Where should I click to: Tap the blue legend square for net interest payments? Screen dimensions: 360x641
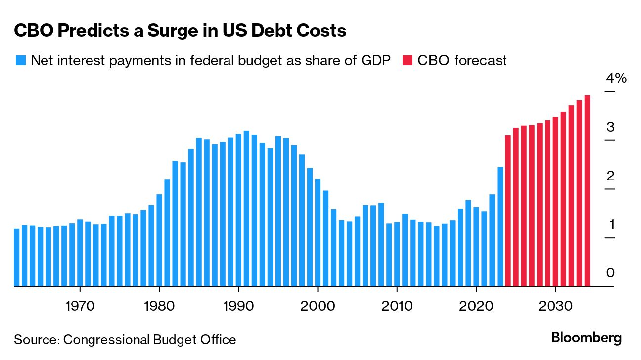click(x=20, y=60)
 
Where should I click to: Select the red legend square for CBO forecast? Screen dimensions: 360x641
click(x=408, y=60)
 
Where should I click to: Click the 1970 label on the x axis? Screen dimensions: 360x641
click(x=80, y=305)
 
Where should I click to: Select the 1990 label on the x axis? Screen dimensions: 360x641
click(x=238, y=305)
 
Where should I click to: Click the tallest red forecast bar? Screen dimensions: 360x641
click(x=587, y=190)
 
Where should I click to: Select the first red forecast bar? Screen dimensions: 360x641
click(x=507, y=210)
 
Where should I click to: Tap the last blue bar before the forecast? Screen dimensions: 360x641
click(x=500, y=226)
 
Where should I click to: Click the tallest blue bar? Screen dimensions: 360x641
click(x=246, y=208)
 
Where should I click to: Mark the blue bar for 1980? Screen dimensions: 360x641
click(x=159, y=240)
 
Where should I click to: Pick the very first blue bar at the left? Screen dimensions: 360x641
click(x=16, y=257)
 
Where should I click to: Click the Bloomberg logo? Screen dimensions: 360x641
click(x=587, y=338)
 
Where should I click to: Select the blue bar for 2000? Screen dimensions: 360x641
click(x=318, y=232)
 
